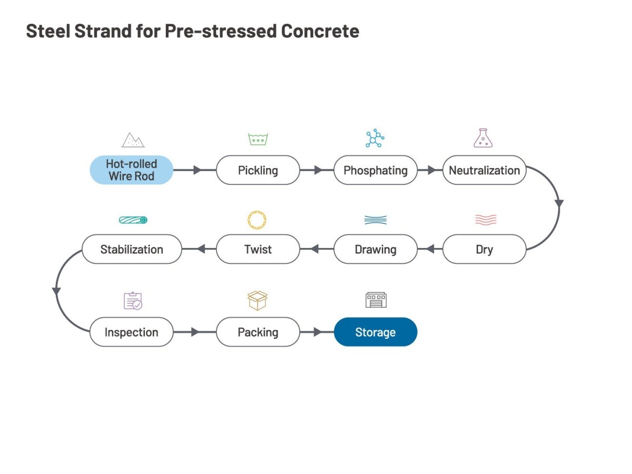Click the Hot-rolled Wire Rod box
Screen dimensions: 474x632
[x=131, y=170]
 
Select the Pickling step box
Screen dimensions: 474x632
[x=258, y=170]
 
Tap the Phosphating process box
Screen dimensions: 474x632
[x=376, y=170]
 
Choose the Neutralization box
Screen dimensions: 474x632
[x=484, y=170]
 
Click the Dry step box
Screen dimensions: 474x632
[x=484, y=249]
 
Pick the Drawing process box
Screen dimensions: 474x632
[x=376, y=249]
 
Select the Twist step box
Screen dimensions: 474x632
[x=258, y=249]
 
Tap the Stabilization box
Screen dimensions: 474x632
[x=132, y=249]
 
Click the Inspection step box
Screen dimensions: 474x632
[x=131, y=332]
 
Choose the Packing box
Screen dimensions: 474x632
[x=258, y=332]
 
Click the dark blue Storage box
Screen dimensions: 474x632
[x=376, y=332]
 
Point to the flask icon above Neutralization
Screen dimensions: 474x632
[x=483, y=138]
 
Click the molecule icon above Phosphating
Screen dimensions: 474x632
[x=375, y=138]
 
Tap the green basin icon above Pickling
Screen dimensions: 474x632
[x=258, y=139]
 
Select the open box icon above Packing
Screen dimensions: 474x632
[x=258, y=300]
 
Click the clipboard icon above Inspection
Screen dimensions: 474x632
[x=133, y=301]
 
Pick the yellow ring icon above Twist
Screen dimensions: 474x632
[x=257, y=220]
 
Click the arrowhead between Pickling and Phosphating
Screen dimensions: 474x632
[x=318, y=170]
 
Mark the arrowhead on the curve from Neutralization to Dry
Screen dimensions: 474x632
[x=559, y=203]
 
